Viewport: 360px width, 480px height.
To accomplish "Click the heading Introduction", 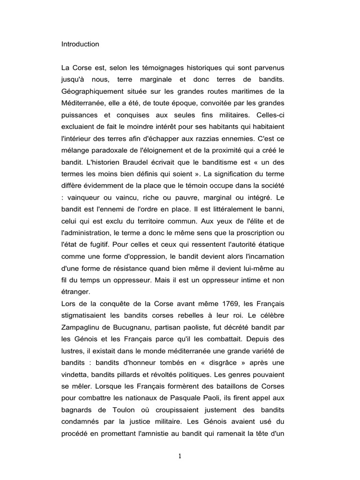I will (x=80, y=44).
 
